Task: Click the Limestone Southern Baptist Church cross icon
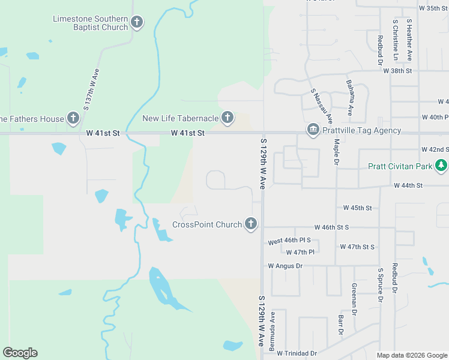137,23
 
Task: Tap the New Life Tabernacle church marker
227,117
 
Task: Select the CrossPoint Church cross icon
251,224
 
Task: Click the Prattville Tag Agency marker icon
313,130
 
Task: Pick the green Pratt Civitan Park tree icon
441,164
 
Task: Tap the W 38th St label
398,71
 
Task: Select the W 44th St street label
409,187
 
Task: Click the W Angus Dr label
285,265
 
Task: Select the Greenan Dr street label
354,299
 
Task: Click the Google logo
20,353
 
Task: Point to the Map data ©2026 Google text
411,355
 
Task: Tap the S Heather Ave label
409,39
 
